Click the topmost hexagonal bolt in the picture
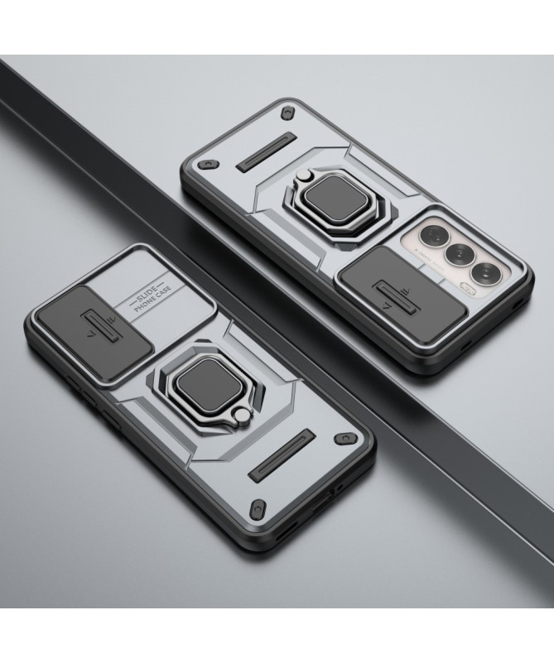287,113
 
